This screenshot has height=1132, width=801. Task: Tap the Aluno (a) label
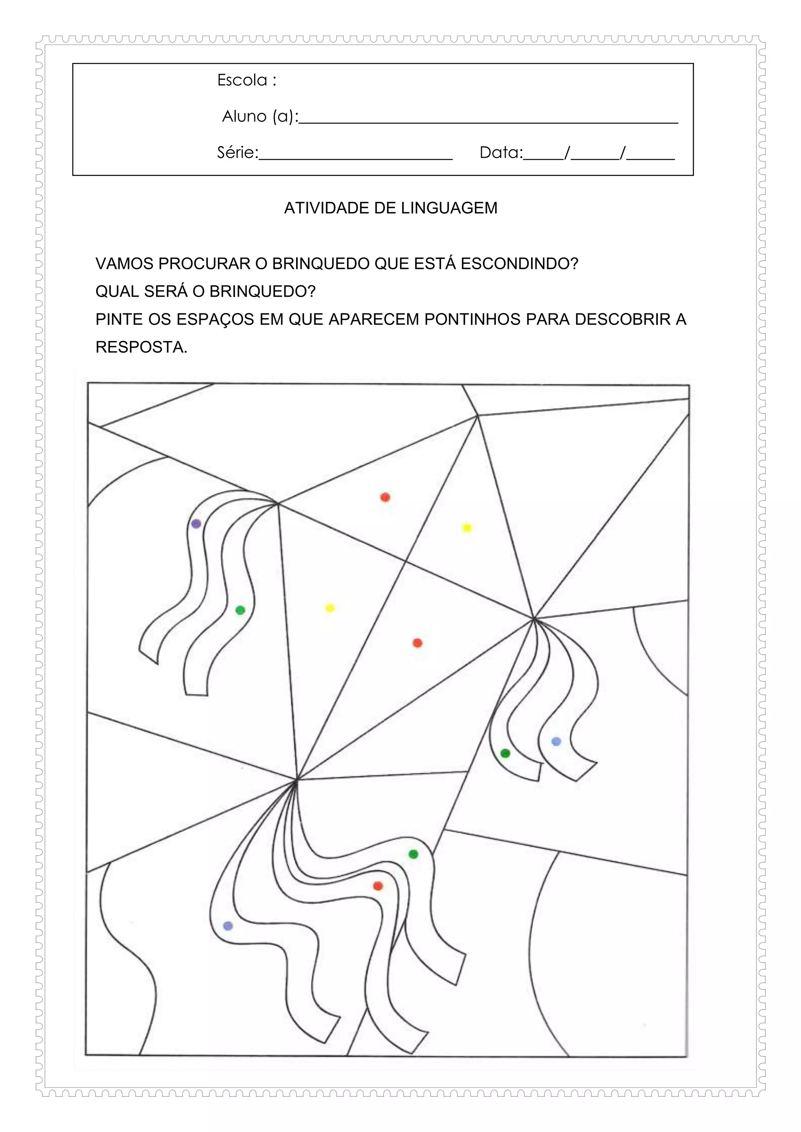(259, 116)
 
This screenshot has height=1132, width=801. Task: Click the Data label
(501, 153)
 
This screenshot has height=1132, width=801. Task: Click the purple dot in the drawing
(196, 524)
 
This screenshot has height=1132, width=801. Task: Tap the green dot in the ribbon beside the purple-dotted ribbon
(240, 611)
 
